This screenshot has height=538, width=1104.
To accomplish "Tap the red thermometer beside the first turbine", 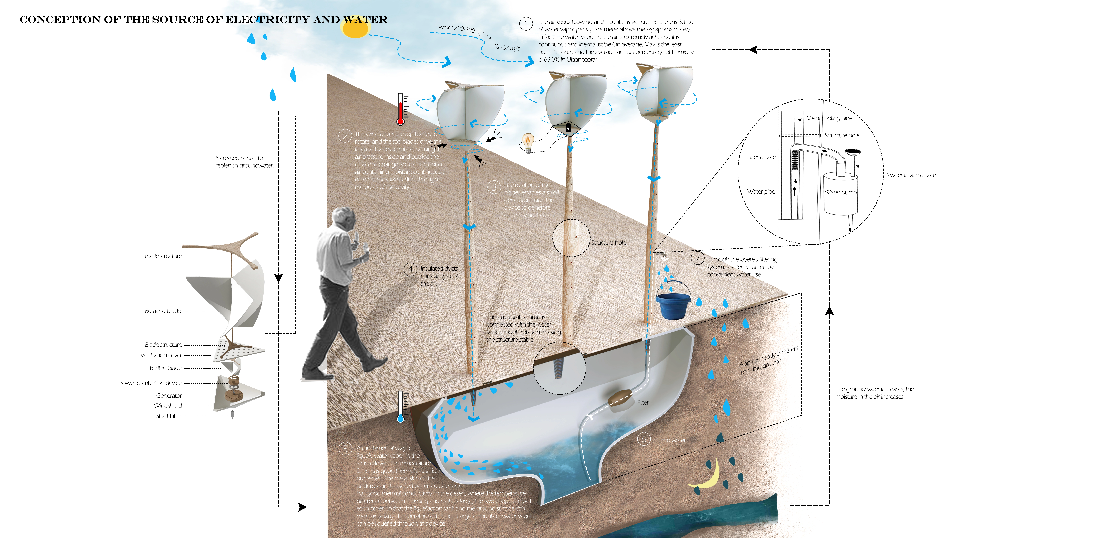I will click(x=401, y=109).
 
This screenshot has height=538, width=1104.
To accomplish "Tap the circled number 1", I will click(x=526, y=24).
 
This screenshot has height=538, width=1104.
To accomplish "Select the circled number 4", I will click(x=410, y=269).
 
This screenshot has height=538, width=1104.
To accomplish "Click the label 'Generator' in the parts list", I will click(x=169, y=395).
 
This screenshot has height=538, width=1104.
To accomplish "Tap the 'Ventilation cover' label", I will click(x=161, y=355).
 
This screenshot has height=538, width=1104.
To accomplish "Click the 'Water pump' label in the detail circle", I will click(x=840, y=192).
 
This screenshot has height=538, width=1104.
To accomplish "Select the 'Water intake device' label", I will click(x=911, y=175).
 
